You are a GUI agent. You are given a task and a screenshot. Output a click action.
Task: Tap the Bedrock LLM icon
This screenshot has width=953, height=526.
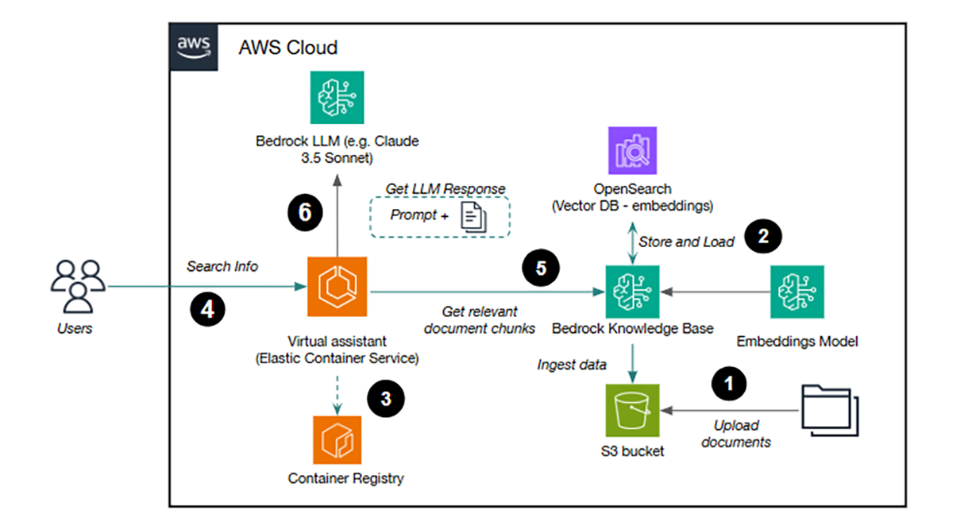pos(338,97)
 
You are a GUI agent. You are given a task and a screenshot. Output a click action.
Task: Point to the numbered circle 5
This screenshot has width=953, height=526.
pos(541,269)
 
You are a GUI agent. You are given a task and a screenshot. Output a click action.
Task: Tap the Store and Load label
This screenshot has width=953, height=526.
pos(688,241)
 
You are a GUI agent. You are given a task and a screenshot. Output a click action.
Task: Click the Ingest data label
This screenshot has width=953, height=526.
pos(572,365)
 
